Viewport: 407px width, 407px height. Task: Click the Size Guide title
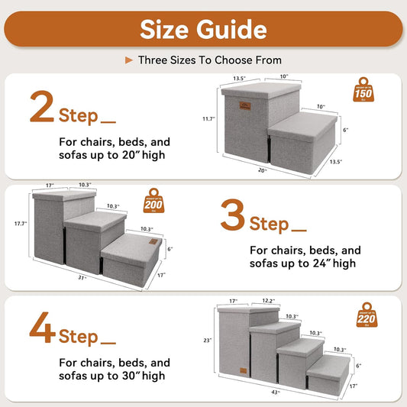tap(203, 29)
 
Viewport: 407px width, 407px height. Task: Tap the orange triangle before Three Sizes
tap(128, 60)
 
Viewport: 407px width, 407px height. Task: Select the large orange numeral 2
tap(41, 108)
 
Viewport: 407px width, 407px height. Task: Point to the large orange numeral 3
tap(232, 215)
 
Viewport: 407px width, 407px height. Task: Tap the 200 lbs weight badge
tap(153, 201)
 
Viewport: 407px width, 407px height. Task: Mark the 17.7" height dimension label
tap(21, 224)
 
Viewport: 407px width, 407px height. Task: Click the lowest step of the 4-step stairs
tap(334, 373)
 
